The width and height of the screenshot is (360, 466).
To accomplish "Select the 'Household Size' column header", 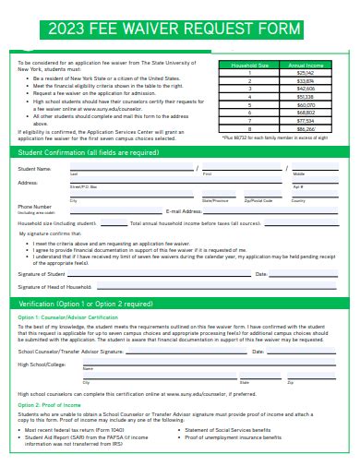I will coord(250,66).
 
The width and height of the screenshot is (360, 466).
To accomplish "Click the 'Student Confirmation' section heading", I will coord(89,152).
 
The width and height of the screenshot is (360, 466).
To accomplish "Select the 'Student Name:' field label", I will coord(35,169).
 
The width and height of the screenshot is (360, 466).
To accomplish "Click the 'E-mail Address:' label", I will coord(184,211).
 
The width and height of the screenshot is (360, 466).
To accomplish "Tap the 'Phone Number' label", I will coord(35,207).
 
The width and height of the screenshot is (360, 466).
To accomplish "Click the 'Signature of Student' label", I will coord(42,274).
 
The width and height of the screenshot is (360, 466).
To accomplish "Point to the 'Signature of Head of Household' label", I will coord(54,288).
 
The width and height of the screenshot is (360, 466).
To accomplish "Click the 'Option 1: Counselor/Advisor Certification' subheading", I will coord(70,317).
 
